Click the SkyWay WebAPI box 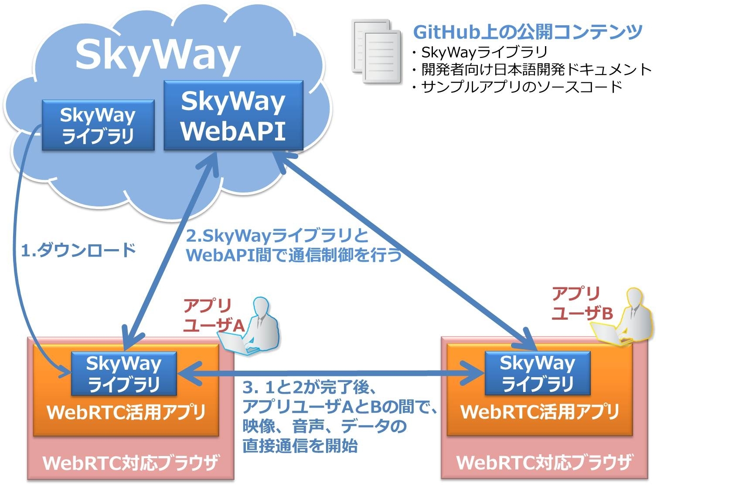tap(234, 115)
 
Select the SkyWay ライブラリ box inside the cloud tap(99, 125)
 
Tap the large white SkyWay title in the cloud tap(158, 55)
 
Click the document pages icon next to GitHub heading tap(377, 51)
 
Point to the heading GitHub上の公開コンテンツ tap(528, 32)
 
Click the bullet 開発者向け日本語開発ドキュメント tap(532, 70)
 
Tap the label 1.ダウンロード tap(78, 250)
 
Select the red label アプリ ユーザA tap(214, 316)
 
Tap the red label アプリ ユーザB tap(582, 304)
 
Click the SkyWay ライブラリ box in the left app tap(124, 374)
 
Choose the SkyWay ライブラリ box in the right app tap(538, 373)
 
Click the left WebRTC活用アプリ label tap(126, 412)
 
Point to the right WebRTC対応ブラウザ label tap(544, 462)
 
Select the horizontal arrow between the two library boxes tap(331, 373)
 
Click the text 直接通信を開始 tap(300, 446)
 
